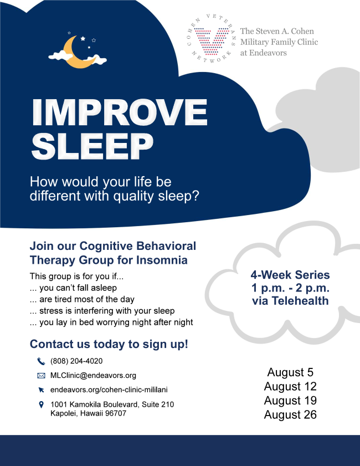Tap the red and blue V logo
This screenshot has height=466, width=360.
pyautogui.click(x=211, y=42)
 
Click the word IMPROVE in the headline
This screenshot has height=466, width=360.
pyautogui.click(x=120, y=112)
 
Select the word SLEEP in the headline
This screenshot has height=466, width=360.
pyautogui.click(x=92, y=146)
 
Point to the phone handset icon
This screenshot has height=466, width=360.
pyautogui.click(x=41, y=361)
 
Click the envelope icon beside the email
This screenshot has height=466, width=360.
pyautogui.click(x=41, y=376)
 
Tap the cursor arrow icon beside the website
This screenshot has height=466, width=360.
pyautogui.click(x=42, y=390)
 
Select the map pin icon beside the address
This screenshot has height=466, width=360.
pyautogui.click(x=42, y=404)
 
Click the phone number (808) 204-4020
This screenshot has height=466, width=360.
pyautogui.click(x=76, y=361)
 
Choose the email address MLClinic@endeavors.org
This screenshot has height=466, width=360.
pyautogui.click(x=93, y=375)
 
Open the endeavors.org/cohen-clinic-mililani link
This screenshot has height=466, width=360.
pyautogui.click(x=109, y=390)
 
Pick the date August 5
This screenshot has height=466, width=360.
pyautogui.click(x=290, y=372)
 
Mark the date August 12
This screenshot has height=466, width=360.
pyautogui.click(x=290, y=386)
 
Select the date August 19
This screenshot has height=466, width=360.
pyautogui.click(x=290, y=400)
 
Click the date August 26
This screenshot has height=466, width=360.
pyautogui.click(x=290, y=414)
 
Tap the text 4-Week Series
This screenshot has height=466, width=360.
pyautogui.click(x=290, y=275)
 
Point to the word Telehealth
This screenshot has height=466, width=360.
pyautogui.click(x=300, y=301)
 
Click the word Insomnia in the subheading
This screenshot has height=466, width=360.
pyautogui.click(x=162, y=260)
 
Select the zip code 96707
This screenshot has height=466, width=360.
pyautogui.click(x=116, y=413)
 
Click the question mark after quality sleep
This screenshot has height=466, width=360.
pyautogui.click(x=196, y=196)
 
